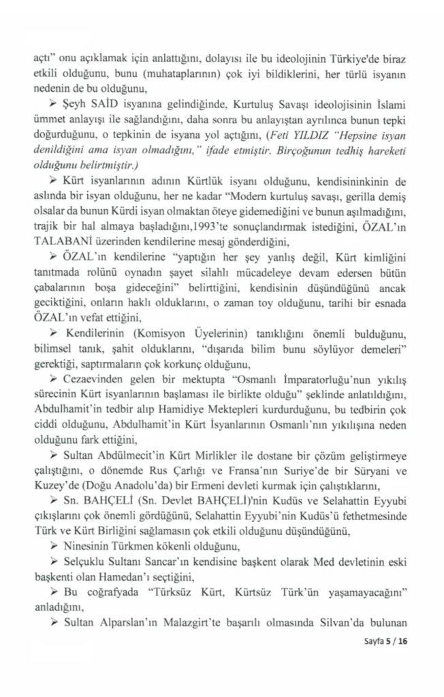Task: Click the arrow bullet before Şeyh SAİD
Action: (x=73, y=101)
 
